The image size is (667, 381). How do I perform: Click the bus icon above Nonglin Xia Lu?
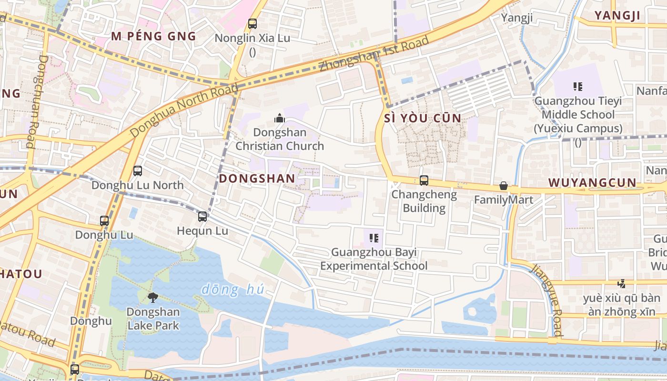253,23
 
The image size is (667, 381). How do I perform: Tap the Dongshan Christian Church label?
280,139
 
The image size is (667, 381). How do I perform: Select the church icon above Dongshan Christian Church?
280,118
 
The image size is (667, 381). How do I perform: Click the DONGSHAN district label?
257,179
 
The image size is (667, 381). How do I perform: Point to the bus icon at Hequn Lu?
202,217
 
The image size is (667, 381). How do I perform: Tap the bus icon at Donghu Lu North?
138,170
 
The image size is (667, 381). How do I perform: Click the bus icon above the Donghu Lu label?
104,221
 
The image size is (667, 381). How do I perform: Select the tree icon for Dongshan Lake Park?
153,298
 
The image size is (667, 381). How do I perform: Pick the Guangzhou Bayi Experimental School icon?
374,238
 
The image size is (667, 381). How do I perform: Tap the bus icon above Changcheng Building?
424,180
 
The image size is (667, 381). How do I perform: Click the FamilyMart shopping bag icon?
503,186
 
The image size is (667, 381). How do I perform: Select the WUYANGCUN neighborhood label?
592,182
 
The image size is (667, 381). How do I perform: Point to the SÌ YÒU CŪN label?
423,118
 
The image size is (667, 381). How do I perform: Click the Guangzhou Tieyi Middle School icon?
578,87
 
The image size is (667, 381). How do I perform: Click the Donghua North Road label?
184,111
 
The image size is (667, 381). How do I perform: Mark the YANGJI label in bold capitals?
617,16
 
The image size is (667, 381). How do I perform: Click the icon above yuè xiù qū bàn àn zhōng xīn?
621,284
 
